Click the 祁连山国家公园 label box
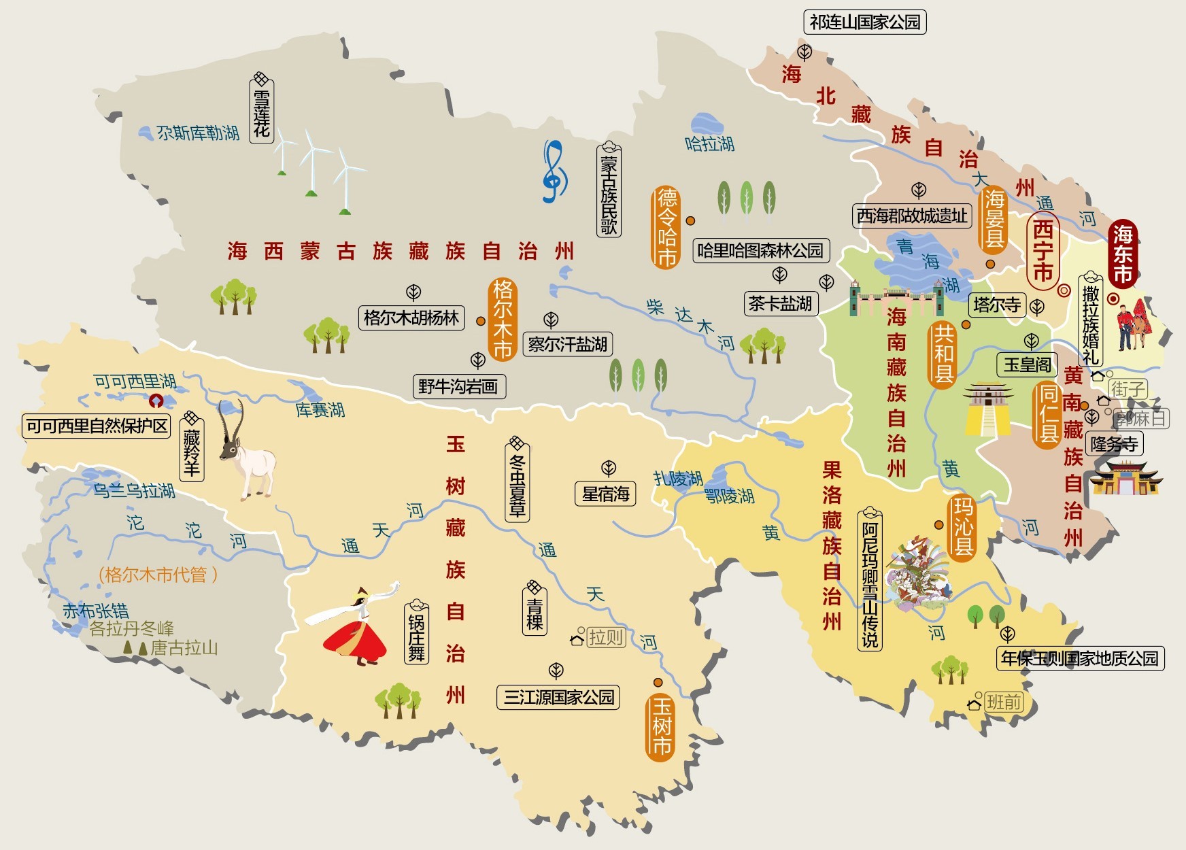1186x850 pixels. tap(864, 22)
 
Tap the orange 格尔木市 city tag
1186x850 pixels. tap(503, 319)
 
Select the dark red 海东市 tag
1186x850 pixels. tap(1123, 254)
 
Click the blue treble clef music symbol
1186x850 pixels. tap(554, 172)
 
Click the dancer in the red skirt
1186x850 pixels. tap(354, 629)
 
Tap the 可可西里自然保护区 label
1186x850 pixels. tap(97, 426)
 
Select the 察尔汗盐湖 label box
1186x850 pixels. tap(567, 345)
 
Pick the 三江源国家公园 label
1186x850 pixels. tap(558, 697)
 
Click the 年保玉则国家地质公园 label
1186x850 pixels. tap(1079, 658)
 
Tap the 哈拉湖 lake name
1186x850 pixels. tap(709, 143)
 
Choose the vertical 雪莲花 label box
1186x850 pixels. tap(262, 111)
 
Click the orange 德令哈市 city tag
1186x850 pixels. tap(666, 227)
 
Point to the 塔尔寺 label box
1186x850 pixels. tap(996, 305)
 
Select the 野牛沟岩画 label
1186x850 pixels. tap(459, 387)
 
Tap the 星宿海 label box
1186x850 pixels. tap(605, 494)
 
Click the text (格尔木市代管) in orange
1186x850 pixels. tap(158, 575)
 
